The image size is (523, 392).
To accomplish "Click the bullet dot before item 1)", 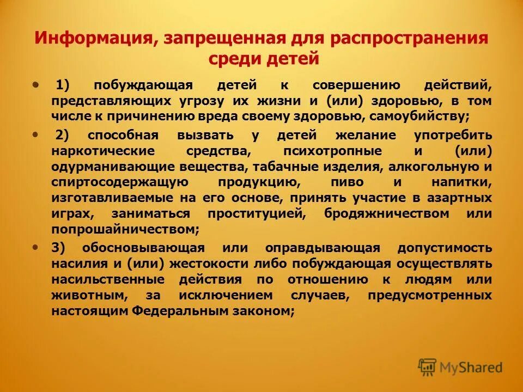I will (36, 85).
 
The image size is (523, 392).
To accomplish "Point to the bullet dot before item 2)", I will (36, 134).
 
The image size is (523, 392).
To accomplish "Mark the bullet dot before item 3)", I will (36, 247).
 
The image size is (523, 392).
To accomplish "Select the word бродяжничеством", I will (387, 214).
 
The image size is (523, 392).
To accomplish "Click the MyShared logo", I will (460, 367).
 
